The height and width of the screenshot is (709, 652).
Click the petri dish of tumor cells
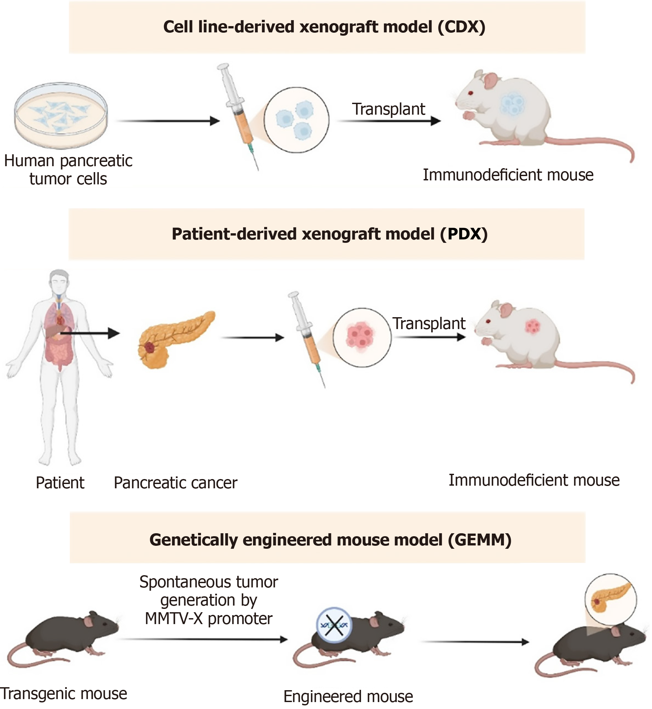61,115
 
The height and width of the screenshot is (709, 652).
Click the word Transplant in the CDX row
388,109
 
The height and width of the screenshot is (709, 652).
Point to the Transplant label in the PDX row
429,323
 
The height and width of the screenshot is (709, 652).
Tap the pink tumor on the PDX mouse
532,326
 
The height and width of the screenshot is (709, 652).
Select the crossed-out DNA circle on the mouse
334,625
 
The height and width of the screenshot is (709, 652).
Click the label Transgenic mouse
63,693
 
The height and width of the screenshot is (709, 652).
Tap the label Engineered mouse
348,696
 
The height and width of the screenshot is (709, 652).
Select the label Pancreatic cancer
175,483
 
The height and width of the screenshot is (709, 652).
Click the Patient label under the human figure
60,483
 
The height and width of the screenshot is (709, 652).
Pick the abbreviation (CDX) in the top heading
462,27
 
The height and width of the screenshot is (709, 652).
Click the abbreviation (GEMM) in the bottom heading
479,540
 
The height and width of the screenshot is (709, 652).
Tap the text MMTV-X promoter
209,618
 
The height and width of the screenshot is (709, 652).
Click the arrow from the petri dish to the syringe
168,121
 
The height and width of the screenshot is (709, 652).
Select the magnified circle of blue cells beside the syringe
296,120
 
